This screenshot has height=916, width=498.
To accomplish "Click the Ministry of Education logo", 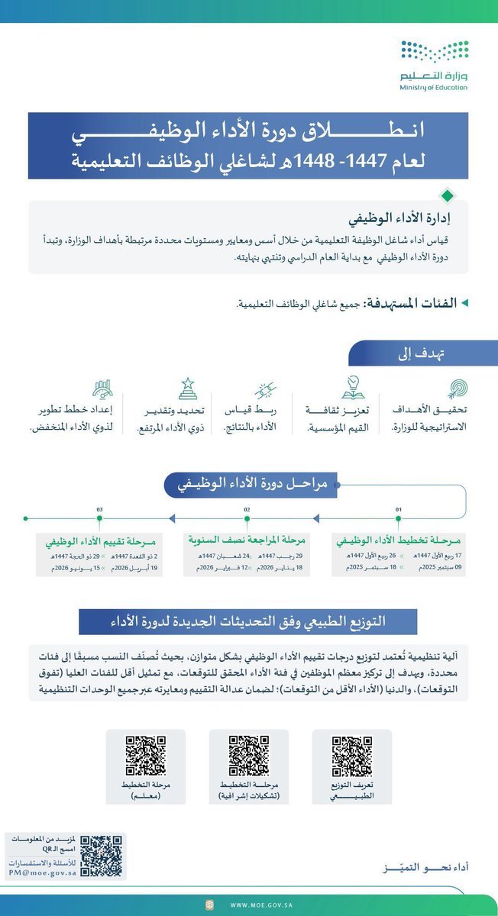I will tap(433, 66).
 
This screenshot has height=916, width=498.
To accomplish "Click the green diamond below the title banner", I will tap(447, 195).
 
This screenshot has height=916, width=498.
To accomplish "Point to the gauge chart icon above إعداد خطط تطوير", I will tap(102, 389).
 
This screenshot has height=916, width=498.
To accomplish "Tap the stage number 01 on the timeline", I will tap(398, 508).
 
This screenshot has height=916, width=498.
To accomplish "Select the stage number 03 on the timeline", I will tap(100, 508).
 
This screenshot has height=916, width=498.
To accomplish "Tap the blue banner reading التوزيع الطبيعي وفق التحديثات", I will tap(247, 621).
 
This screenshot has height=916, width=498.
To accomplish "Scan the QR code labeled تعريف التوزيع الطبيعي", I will tap(351, 756).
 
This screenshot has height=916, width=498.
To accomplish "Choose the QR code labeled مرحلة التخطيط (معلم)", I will tap(145, 756).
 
